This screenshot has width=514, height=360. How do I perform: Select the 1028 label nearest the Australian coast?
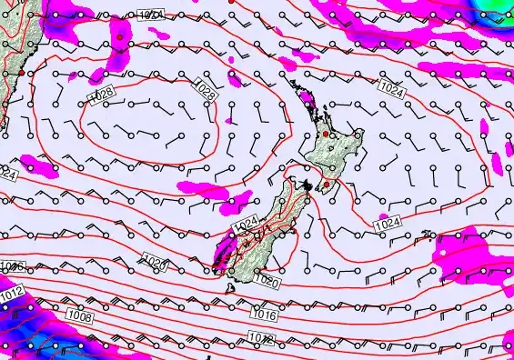click(102, 95)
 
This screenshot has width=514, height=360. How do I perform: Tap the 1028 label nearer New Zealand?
click(206, 94)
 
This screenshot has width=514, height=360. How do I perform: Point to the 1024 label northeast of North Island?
click(392, 89)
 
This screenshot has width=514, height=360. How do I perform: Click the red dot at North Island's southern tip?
click(327, 185)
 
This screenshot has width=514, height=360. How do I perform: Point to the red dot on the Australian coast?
click(20, 70)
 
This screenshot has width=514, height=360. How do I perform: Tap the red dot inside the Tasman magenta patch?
click(120, 37)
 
